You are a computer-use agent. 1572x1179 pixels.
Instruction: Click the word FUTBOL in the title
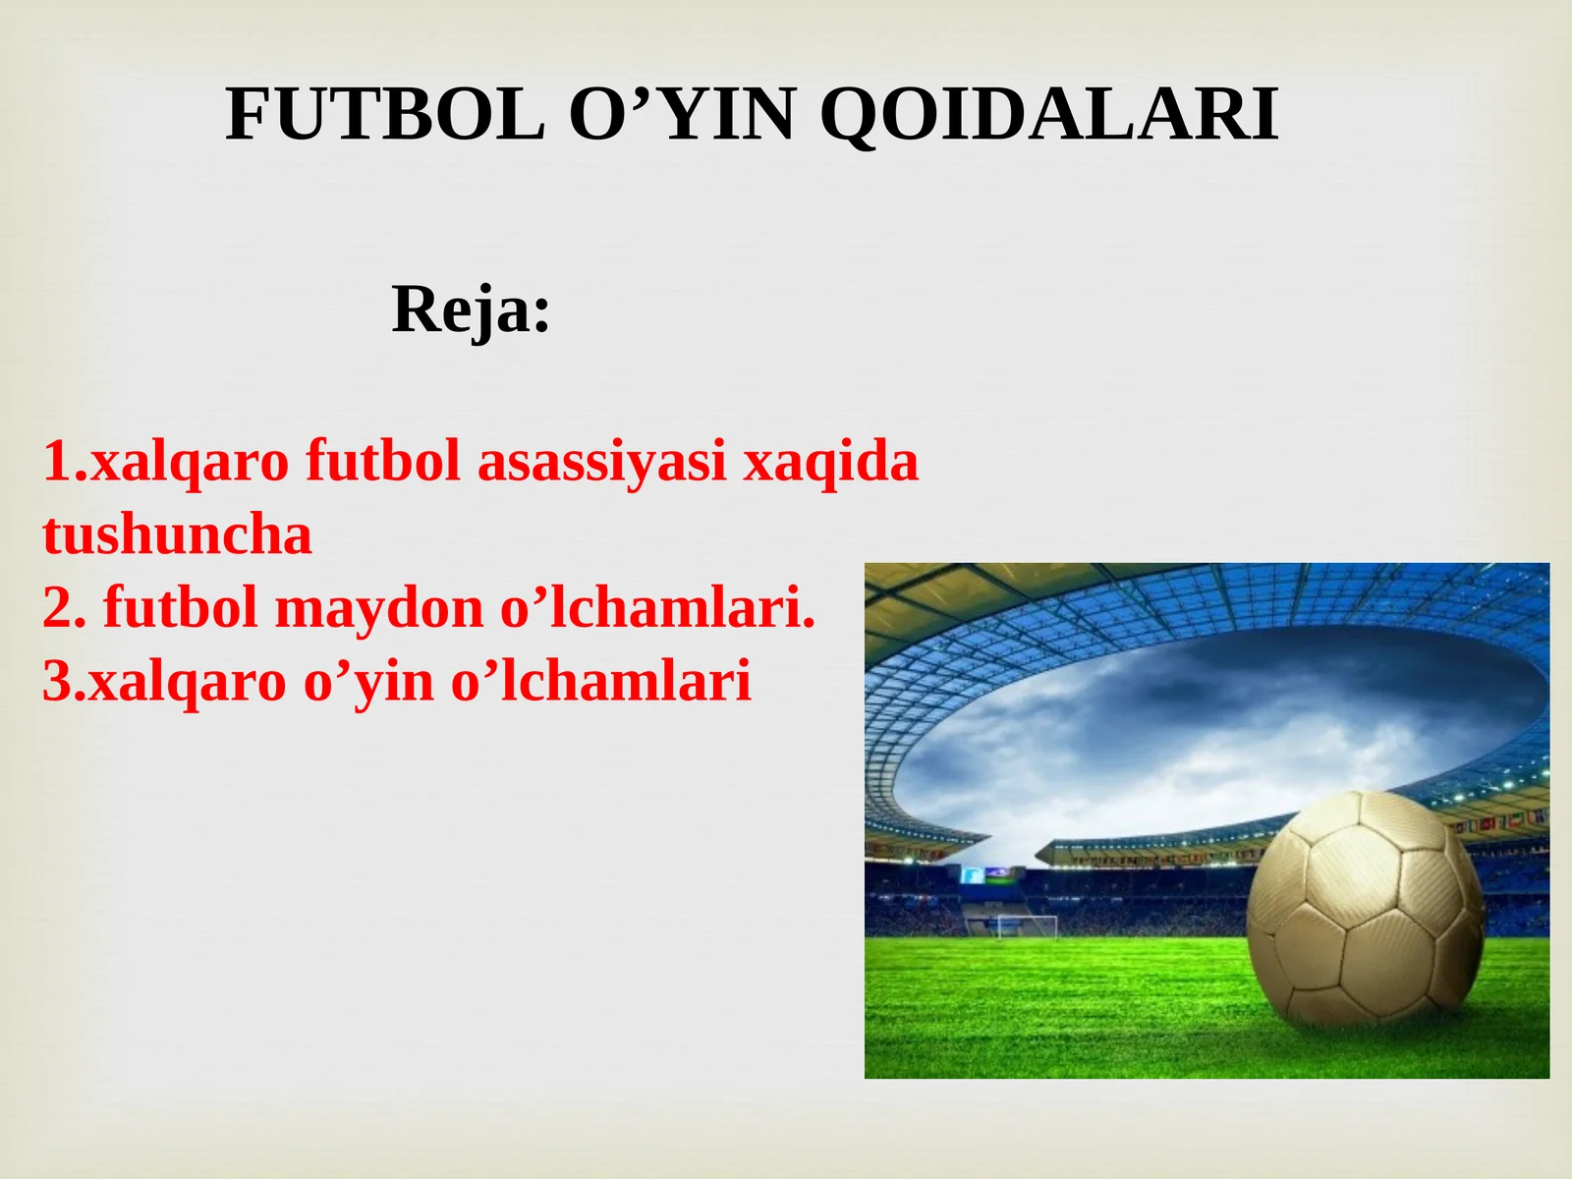coord(384,115)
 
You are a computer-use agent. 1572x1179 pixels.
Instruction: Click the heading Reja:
coord(472,310)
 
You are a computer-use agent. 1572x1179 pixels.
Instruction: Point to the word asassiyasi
coord(601,462)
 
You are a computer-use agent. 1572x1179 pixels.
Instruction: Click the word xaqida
coord(830,462)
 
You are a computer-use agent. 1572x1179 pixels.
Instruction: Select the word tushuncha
coord(177,535)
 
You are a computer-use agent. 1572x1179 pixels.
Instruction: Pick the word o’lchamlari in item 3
coord(600,682)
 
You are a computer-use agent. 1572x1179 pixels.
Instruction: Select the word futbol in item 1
coord(382,462)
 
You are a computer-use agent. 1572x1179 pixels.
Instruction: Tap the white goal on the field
coord(1027,926)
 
